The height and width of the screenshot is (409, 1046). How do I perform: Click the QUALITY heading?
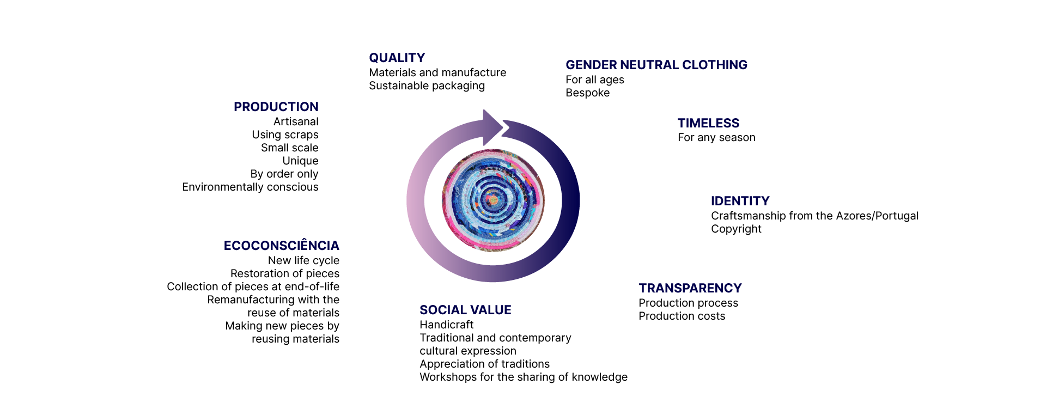coord(397,58)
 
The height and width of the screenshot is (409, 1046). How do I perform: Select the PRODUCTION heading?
coord(276,107)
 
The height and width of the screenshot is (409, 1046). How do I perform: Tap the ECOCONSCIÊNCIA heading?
coord(282,245)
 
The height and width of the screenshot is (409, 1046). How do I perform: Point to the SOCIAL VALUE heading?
coord(465,310)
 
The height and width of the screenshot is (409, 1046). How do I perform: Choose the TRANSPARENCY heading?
coord(690,288)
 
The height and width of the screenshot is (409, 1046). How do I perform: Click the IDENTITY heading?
coord(740,201)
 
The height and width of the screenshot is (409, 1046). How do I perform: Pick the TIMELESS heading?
coord(708,123)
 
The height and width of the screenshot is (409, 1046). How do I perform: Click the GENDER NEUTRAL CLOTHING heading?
coord(656,65)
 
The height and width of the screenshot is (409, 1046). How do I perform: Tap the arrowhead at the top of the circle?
coord(493,127)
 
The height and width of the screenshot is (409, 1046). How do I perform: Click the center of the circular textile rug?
coord(493,200)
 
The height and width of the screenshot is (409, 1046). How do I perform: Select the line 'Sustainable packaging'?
coord(427,86)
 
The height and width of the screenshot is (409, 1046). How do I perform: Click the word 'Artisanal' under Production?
coord(296,121)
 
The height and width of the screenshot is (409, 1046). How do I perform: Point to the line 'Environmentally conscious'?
coord(250,187)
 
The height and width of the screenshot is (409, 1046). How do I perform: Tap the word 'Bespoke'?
coord(587,93)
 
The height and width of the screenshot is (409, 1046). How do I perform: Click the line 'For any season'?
coord(716,138)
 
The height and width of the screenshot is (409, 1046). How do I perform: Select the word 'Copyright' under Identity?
coord(736,229)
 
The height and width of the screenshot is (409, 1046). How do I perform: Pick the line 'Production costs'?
coord(682,316)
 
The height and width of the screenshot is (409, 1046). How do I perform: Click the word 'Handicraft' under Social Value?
coord(446,325)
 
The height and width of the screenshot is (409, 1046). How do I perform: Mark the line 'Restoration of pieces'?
coord(284,274)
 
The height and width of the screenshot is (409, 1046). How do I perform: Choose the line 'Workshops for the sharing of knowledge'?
coord(524,377)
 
